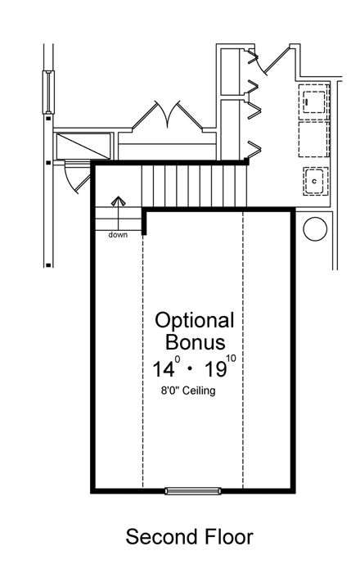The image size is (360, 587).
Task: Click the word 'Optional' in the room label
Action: (x=195, y=320)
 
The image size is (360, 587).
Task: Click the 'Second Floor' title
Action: (x=189, y=537)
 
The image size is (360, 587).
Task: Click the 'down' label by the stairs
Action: (x=119, y=235)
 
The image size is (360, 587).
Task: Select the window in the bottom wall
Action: (x=192, y=491)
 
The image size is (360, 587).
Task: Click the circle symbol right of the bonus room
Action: (x=315, y=228)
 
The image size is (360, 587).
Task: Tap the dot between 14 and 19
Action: (x=190, y=369)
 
